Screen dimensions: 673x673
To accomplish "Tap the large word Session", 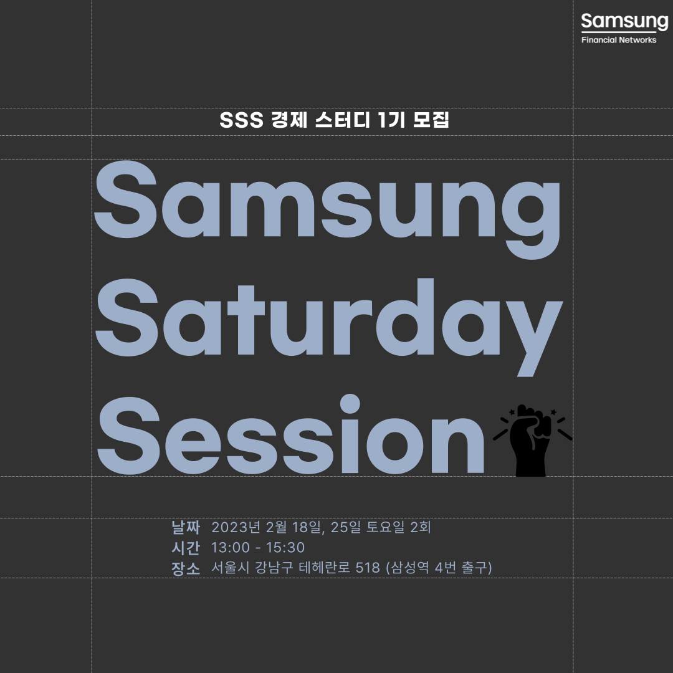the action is click(291, 434).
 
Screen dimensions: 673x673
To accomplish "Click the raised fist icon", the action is click(532, 441).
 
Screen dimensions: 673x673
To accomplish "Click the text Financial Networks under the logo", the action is click(619, 40).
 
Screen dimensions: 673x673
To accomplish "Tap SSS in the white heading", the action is click(241, 120).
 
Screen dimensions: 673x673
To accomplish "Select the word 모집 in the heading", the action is click(431, 119).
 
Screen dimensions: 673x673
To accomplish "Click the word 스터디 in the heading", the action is click(342, 119).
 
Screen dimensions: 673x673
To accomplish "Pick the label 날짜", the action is click(186, 527).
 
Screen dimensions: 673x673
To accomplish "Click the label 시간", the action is click(186, 548).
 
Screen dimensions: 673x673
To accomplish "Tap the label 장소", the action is click(186, 568).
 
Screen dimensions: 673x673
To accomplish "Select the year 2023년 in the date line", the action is click(236, 527).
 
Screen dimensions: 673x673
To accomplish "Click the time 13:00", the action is click(231, 548).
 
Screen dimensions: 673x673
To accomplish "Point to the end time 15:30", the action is click(285, 548).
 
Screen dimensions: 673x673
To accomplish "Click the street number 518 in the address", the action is click(368, 568).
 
